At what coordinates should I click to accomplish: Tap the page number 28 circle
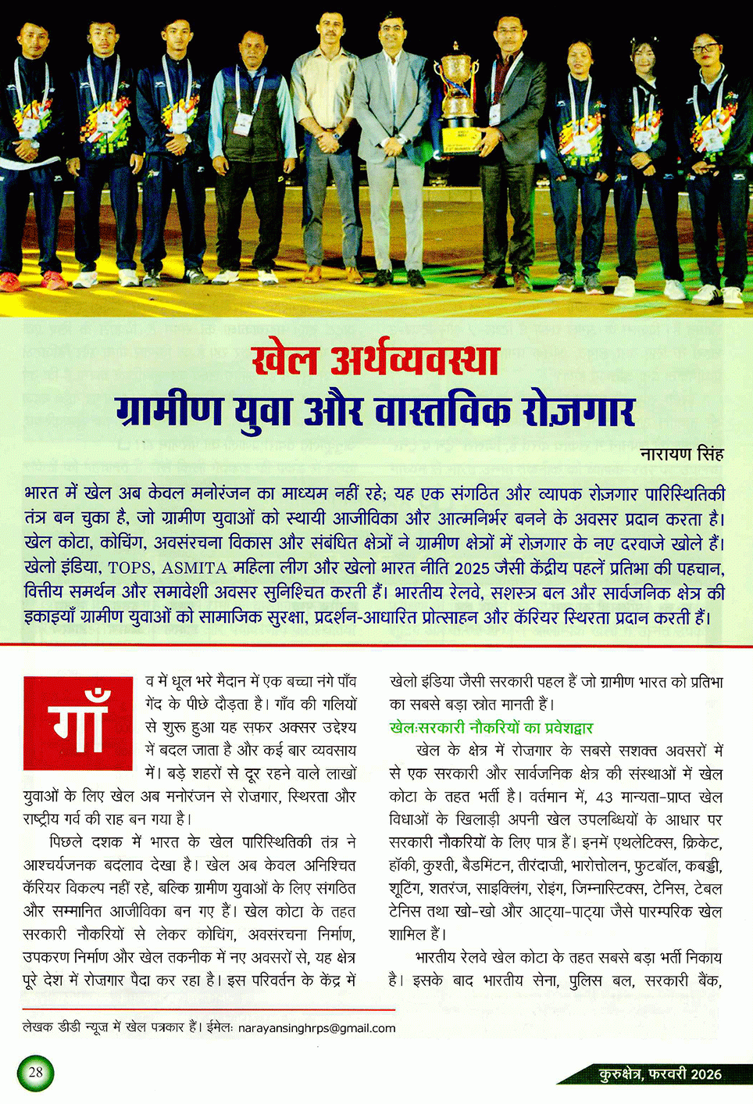pyautogui.click(x=35, y=1072)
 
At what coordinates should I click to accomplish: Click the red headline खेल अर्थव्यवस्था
pyautogui.click(x=376, y=360)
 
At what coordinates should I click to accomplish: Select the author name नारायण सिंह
pyautogui.click(x=681, y=453)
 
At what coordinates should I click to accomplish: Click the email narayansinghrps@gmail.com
pyautogui.click(x=316, y=1028)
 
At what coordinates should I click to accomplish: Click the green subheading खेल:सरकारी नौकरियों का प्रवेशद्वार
pyautogui.click(x=491, y=728)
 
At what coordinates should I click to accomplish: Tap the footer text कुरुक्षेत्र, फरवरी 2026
pyautogui.click(x=660, y=1074)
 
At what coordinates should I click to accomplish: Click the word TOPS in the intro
pyautogui.click(x=131, y=568)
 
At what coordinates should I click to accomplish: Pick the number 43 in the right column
pyautogui.click(x=604, y=797)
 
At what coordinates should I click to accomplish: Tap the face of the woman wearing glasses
pyautogui.click(x=705, y=56)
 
